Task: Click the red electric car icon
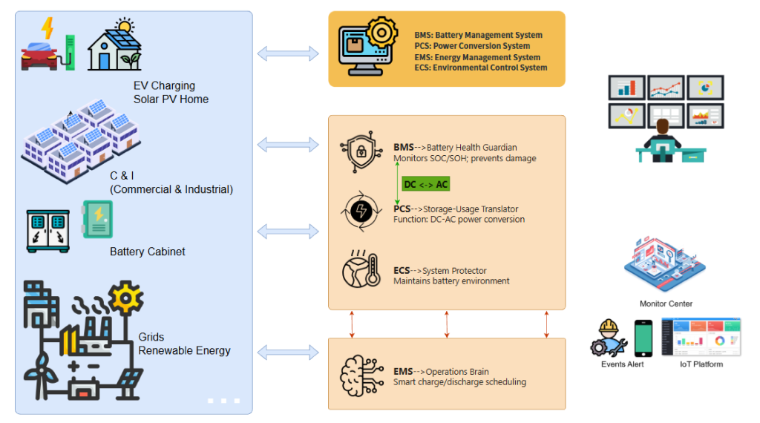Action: click(x=37, y=56)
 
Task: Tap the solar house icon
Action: click(x=114, y=46)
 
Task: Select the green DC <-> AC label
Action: click(x=426, y=184)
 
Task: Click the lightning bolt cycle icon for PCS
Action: click(x=361, y=212)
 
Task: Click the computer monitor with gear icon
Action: click(x=368, y=47)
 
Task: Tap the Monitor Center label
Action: click(x=666, y=304)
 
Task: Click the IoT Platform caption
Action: click(x=701, y=364)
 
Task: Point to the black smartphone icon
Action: click(x=643, y=338)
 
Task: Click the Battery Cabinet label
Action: click(x=147, y=252)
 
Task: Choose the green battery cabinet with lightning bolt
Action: click(x=97, y=220)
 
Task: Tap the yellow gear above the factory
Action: click(x=125, y=298)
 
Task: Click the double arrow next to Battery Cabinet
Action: click(x=287, y=232)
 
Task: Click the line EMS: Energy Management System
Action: click(x=477, y=57)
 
